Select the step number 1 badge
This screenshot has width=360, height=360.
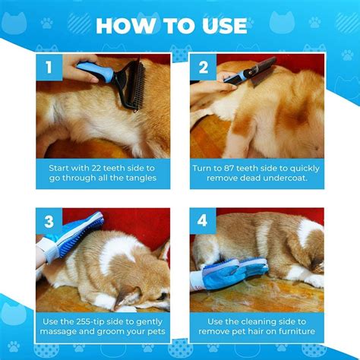click(49, 68)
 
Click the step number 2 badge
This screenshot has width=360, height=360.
click(204, 68)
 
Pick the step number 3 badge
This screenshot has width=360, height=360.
click(49, 221)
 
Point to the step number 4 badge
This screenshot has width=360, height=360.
click(203, 221)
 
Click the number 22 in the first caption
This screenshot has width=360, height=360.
click(96, 168)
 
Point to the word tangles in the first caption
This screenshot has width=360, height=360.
click(141, 178)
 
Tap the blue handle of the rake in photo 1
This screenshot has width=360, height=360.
click(95, 71)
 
